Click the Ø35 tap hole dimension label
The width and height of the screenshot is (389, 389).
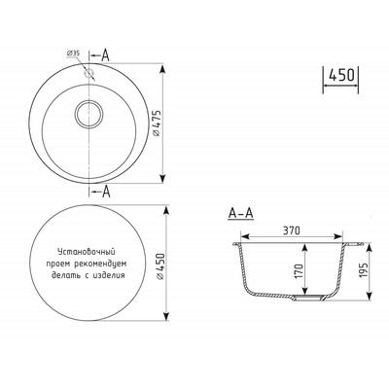[x=73, y=53]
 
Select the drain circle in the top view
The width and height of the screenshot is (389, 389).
[x=89, y=114]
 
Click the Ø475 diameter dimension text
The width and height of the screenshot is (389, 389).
[x=157, y=124]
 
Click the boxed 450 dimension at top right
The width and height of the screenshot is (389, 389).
[x=341, y=76]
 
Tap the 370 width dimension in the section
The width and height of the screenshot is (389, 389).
[x=292, y=230]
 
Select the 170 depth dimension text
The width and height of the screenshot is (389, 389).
[x=299, y=271]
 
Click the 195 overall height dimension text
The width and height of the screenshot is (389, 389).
[x=363, y=270]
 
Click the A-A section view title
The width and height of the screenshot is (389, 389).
[x=240, y=213]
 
